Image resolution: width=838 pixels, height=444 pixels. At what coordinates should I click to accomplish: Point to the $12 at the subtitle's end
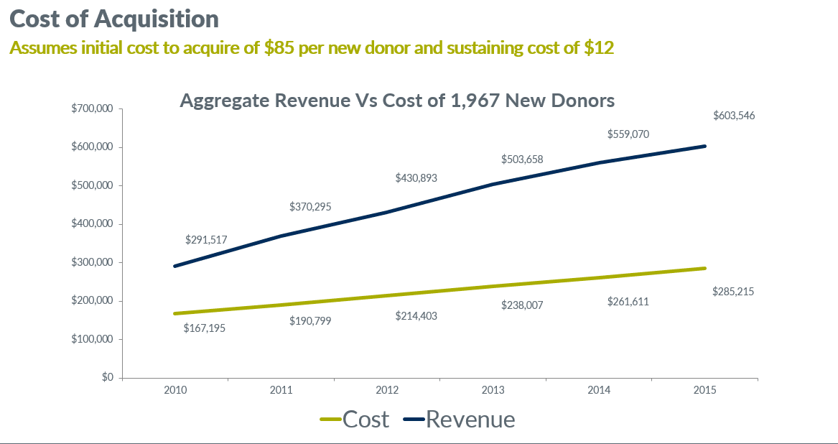[x=599, y=48]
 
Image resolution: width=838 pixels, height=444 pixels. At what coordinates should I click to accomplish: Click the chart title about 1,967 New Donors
[x=397, y=101]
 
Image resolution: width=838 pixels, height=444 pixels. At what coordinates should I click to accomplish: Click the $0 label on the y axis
[x=107, y=377]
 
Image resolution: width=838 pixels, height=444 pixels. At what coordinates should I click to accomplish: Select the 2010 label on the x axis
[x=175, y=390]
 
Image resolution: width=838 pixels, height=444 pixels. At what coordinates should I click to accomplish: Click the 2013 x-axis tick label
[x=493, y=390]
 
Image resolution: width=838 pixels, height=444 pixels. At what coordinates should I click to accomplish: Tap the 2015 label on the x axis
[x=704, y=390]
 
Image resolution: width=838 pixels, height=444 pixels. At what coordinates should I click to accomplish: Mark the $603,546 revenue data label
[x=733, y=116]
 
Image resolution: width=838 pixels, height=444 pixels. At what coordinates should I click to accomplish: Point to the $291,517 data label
[x=206, y=240]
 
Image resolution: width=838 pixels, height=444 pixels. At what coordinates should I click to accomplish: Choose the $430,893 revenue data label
[x=416, y=177]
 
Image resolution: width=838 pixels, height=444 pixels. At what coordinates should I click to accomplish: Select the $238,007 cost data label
[x=522, y=305]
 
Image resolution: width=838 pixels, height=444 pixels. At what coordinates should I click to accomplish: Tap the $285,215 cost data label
[x=732, y=292]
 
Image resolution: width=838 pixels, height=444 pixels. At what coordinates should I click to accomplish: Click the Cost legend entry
[x=355, y=419]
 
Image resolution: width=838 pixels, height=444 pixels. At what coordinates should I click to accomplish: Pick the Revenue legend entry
[x=460, y=419]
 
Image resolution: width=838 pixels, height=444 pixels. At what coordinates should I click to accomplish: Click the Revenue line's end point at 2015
[x=704, y=146]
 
